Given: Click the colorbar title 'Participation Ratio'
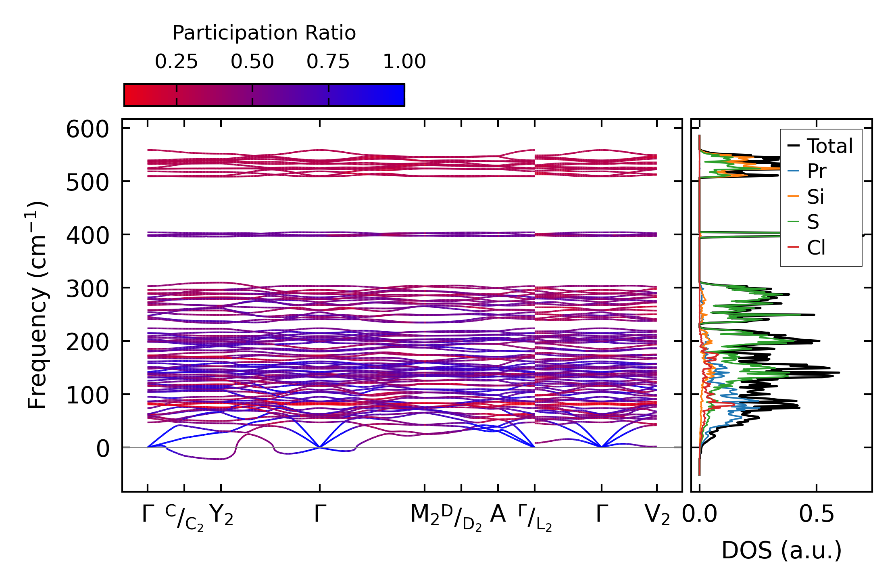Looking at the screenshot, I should (264, 33).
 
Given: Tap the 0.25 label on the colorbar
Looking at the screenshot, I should (176, 62).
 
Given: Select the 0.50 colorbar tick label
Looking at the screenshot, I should (252, 62).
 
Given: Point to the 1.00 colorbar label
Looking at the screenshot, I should (404, 62).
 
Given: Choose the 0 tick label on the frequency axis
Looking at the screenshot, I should (102, 449).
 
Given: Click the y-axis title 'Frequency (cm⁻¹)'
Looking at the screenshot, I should (37, 305).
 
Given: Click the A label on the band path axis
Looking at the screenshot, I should (498, 514).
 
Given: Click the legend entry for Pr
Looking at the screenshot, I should (817, 171).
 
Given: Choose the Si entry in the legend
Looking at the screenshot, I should (815, 197).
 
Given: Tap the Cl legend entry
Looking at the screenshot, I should (816, 247).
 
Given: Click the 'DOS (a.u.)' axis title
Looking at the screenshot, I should (781, 550).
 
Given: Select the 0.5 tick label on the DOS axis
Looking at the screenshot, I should (817, 514).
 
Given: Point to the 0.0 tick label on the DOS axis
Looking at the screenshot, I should (700, 514).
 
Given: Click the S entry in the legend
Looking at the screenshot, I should (813, 222).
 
